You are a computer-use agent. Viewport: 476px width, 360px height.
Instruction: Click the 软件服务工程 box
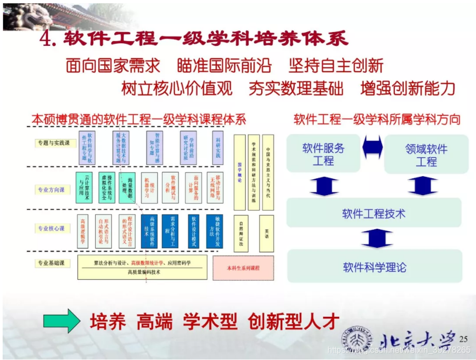point(323,154)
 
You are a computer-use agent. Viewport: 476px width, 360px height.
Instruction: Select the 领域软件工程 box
point(426,154)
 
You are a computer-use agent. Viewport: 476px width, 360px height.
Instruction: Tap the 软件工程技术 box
point(374,214)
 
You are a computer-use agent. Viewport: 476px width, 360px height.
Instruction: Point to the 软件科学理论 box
point(374,267)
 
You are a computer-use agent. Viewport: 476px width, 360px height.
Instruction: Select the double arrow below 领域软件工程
point(422,186)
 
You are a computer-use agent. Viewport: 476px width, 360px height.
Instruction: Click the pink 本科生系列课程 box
point(243,268)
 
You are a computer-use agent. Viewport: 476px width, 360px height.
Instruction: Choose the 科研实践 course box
point(217,149)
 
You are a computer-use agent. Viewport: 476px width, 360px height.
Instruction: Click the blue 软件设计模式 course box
point(193,231)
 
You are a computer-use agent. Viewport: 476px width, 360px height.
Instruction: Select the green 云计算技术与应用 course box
point(84,188)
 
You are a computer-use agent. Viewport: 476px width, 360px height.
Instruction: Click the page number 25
point(464,338)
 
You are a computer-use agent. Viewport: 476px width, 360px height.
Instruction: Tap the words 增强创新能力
point(408,88)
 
